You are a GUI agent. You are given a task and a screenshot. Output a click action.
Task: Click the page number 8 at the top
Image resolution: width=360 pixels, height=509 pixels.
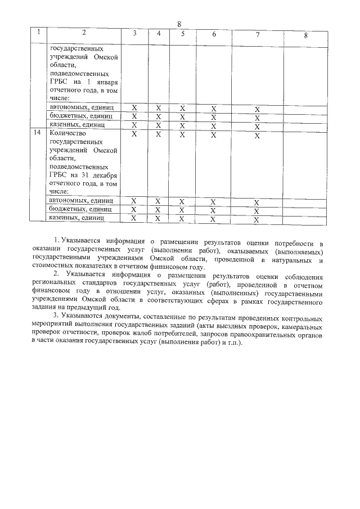pyautogui.click(x=179, y=24)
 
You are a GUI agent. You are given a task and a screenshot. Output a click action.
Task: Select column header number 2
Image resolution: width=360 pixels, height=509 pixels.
pyautogui.click(x=84, y=33)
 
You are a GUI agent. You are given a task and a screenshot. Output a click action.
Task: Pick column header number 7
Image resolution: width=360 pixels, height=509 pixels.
pyautogui.click(x=257, y=34)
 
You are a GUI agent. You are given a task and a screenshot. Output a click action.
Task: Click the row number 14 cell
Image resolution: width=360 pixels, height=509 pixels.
pyautogui.click(x=38, y=134)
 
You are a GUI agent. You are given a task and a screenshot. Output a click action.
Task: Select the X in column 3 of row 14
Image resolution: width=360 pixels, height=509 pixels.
pyautogui.click(x=134, y=134)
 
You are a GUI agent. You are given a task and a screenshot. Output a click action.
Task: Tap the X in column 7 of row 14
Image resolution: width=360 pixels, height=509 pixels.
pyautogui.click(x=256, y=136)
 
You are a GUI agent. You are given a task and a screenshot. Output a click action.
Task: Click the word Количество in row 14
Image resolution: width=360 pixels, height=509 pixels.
pyautogui.click(x=69, y=134)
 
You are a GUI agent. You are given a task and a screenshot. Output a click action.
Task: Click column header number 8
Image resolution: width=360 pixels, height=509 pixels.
pyautogui.click(x=305, y=35)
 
